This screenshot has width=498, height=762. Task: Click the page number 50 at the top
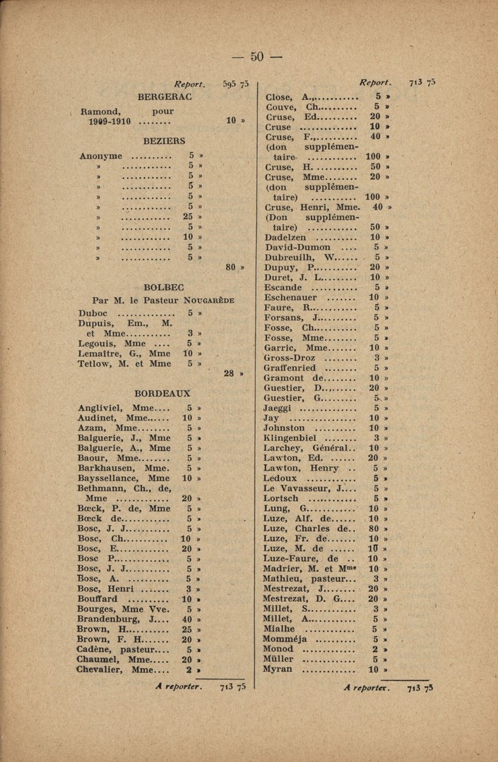(x=256, y=56)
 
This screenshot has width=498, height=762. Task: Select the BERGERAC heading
(x=165, y=96)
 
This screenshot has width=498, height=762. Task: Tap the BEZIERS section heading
(x=164, y=141)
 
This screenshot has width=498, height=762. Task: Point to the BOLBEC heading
(x=164, y=287)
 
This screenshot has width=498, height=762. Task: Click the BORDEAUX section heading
(x=162, y=393)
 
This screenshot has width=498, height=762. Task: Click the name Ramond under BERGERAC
(x=100, y=111)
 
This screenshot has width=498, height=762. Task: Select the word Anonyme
(x=100, y=156)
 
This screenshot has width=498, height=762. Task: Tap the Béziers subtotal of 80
(x=230, y=267)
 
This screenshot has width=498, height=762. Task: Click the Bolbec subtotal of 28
(x=230, y=373)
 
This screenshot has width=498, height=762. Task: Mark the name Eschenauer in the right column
(x=290, y=298)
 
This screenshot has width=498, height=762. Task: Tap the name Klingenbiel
(x=290, y=437)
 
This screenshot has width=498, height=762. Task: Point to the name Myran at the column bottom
(x=277, y=669)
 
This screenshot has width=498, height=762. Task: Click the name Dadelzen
(x=285, y=238)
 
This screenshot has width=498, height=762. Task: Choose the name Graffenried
(x=290, y=368)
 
